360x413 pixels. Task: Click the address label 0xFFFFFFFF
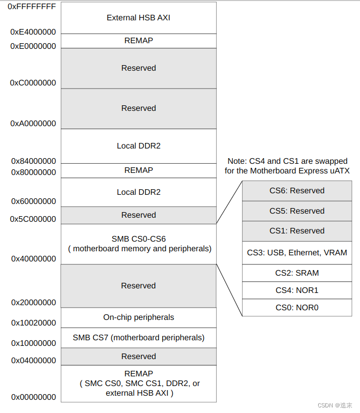pyautogui.click(x=32, y=7)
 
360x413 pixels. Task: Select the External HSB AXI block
pyautogui.click(x=138, y=17)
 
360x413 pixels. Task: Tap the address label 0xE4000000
pyautogui.click(x=33, y=32)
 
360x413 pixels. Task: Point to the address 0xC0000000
pyautogui.click(x=33, y=82)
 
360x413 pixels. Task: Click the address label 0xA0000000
pyautogui.click(x=33, y=124)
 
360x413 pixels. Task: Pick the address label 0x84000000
pyautogui.click(x=33, y=161)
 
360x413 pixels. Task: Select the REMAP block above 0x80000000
pyautogui.click(x=138, y=170)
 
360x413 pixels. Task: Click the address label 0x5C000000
pyautogui.click(x=33, y=219)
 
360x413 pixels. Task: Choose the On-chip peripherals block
pyautogui.click(x=138, y=317)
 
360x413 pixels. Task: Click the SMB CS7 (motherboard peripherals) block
pyautogui.click(x=138, y=338)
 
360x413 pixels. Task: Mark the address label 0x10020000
pyautogui.click(x=33, y=323)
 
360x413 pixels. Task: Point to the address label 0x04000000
pyautogui.click(x=33, y=361)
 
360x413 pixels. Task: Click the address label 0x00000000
pyautogui.click(x=33, y=397)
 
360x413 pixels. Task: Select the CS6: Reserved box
pyautogui.click(x=297, y=191)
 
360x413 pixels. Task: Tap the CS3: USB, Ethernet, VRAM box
pyautogui.click(x=297, y=252)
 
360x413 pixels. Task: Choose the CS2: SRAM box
pyautogui.click(x=297, y=273)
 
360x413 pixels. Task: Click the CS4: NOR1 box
pyautogui.click(x=297, y=290)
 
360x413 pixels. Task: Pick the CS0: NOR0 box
pyautogui.click(x=297, y=308)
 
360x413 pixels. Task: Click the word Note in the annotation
pyautogui.click(x=237, y=161)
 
